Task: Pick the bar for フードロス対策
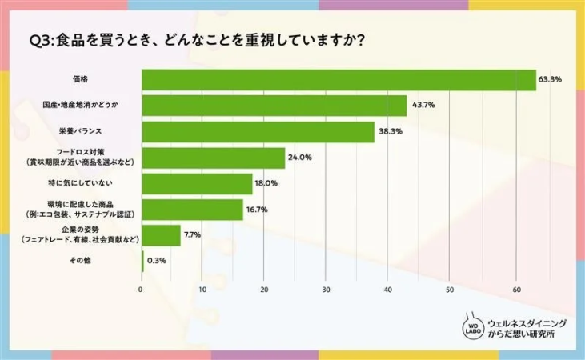[x=213, y=158]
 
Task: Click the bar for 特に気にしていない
[x=197, y=184]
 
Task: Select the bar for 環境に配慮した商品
[x=192, y=210]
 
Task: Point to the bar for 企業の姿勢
[x=161, y=235]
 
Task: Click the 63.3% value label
[x=551, y=79]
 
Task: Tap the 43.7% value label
[x=423, y=106]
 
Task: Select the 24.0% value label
[x=299, y=158]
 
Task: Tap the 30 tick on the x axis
[x=327, y=289]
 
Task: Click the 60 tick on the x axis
[x=512, y=289]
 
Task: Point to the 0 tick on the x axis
[x=142, y=289]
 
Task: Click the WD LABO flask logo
[x=473, y=329]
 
